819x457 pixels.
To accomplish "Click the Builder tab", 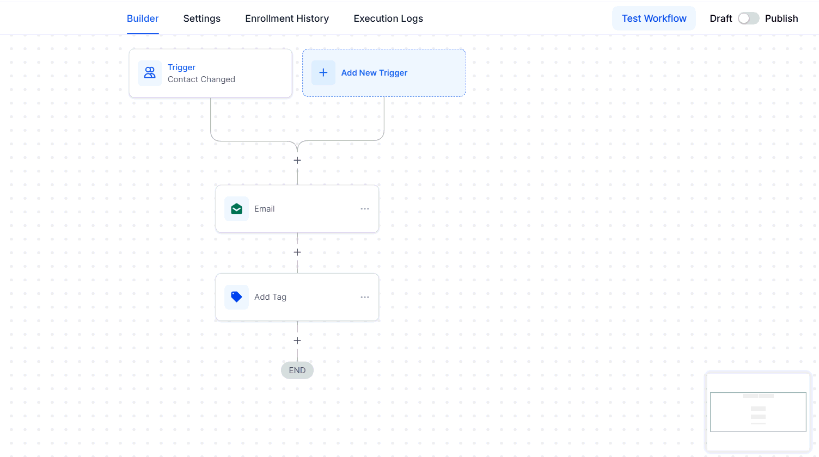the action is pyautogui.click(x=143, y=18).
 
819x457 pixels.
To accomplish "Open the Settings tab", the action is pyautogui.click(x=202, y=18).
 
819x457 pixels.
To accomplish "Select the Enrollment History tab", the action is pyautogui.click(x=287, y=18).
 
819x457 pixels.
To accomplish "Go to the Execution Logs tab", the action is pyautogui.click(x=388, y=18).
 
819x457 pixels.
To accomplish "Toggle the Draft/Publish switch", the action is pyautogui.click(x=748, y=18).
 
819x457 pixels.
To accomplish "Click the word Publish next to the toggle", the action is pyautogui.click(x=781, y=18).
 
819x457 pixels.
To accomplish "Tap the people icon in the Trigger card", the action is pyautogui.click(x=150, y=73).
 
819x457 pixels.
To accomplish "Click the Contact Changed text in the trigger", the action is pyautogui.click(x=201, y=79).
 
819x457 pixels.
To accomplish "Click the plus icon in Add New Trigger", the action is pyautogui.click(x=323, y=73).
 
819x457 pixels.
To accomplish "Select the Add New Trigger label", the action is pyautogui.click(x=374, y=73).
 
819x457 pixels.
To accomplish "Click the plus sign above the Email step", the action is pyautogui.click(x=297, y=160).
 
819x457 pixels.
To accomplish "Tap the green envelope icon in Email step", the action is pyautogui.click(x=236, y=208).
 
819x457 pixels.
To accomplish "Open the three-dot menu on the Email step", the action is pyautogui.click(x=364, y=208).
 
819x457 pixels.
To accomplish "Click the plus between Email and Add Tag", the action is pyautogui.click(x=297, y=252).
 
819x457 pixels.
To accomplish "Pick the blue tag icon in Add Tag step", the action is pyautogui.click(x=236, y=297).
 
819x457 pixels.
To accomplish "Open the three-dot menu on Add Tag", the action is pyautogui.click(x=364, y=297).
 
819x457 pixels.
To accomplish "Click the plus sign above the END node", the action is pyautogui.click(x=297, y=341).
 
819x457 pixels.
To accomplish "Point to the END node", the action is pyautogui.click(x=297, y=370).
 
